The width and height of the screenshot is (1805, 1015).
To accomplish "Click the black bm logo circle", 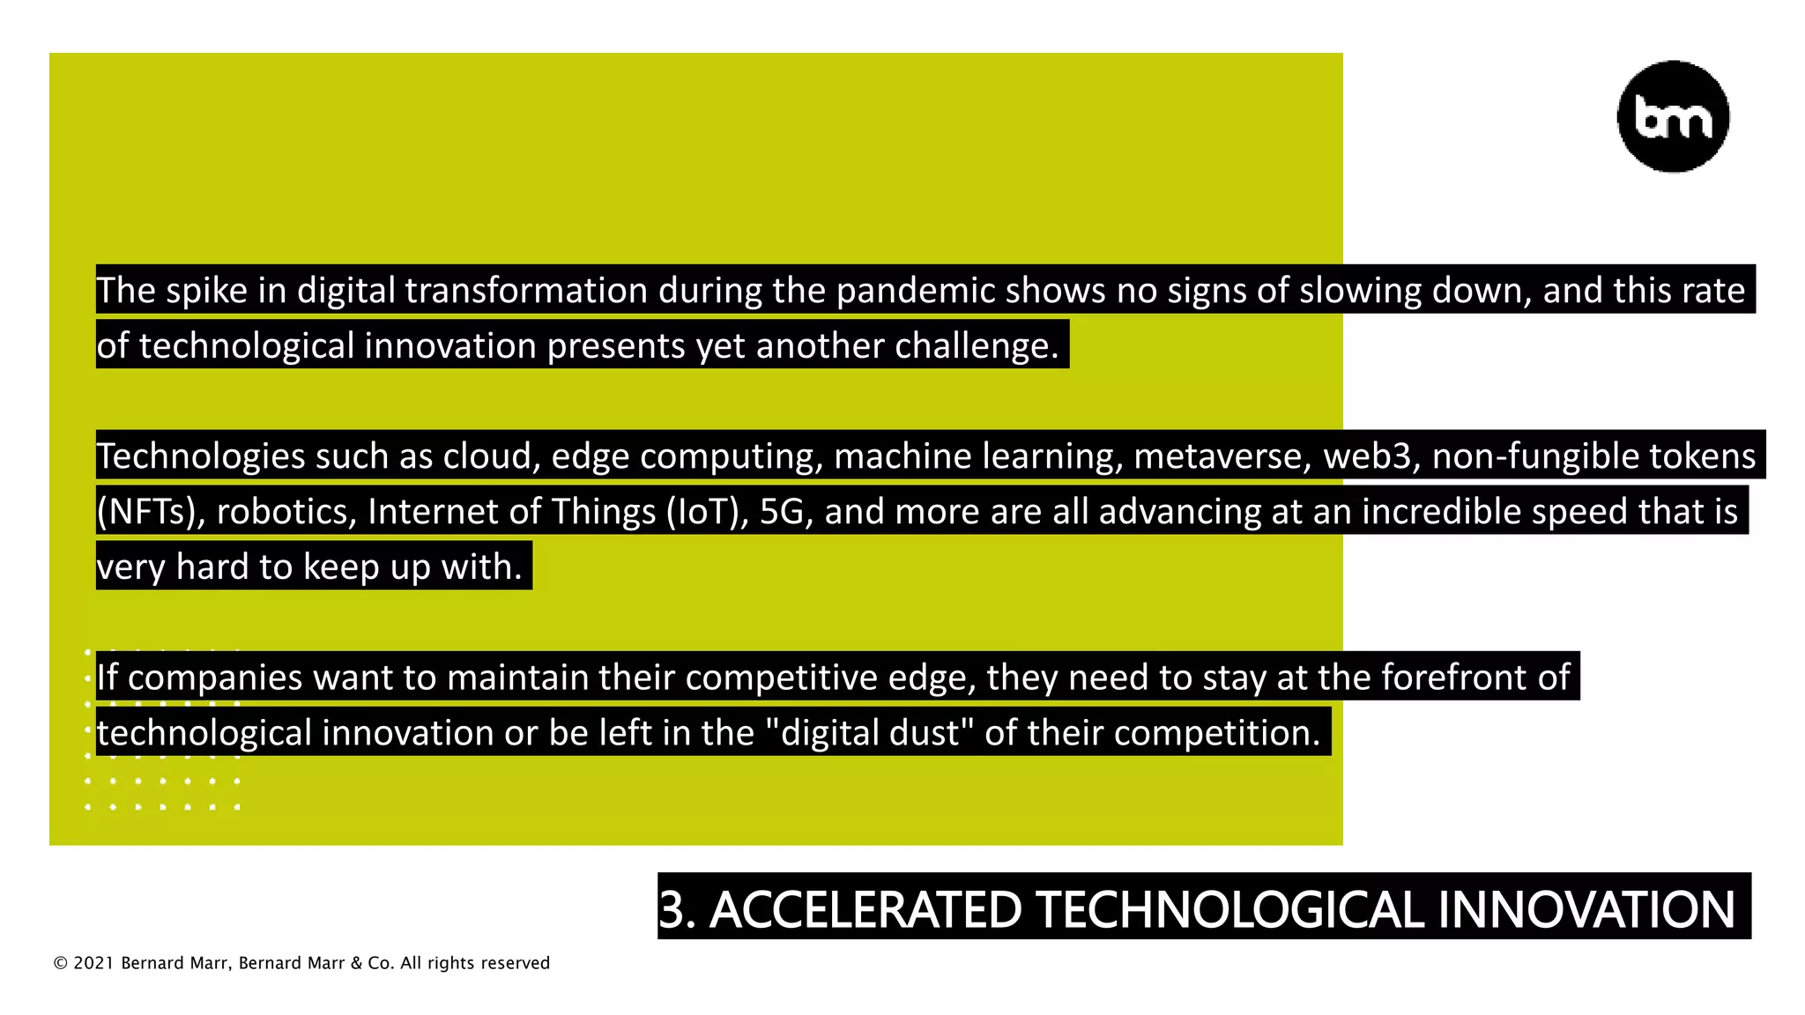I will point(1673,116).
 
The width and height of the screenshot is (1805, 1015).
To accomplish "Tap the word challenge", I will point(976,346).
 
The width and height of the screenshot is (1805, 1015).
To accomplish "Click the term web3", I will point(1371,456).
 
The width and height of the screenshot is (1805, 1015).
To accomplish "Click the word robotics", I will point(286,512).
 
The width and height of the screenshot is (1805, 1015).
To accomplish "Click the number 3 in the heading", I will point(672,910).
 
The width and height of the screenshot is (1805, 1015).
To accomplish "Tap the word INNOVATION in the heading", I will point(1586,910).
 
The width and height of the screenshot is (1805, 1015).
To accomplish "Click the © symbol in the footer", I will point(60,964).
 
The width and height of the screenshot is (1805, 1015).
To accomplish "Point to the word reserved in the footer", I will point(515,964).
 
